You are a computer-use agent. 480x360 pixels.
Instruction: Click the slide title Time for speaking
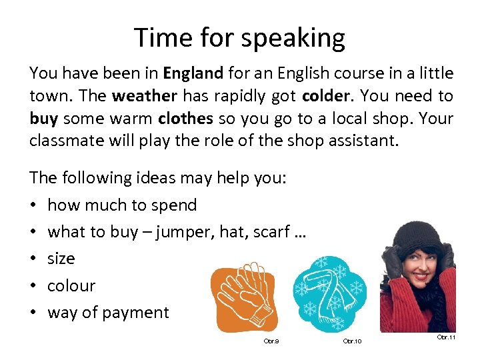(x=239, y=37)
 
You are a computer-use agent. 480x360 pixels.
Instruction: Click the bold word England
(x=193, y=73)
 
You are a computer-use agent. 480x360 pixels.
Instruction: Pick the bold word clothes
(x=185, y=119)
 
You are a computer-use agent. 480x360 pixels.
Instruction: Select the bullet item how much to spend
(x=122, y=205)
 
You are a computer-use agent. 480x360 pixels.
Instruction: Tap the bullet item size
(x=61, y=259)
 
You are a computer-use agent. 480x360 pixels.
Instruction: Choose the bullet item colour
(x=71, y=285)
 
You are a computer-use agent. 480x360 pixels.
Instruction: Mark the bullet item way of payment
(x=108, y=313)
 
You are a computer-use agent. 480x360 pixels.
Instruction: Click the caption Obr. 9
(x=271, y=341)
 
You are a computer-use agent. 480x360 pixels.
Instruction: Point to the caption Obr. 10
(x=351, y=341)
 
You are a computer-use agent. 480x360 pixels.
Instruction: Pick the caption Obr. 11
(x=446, y=337)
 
